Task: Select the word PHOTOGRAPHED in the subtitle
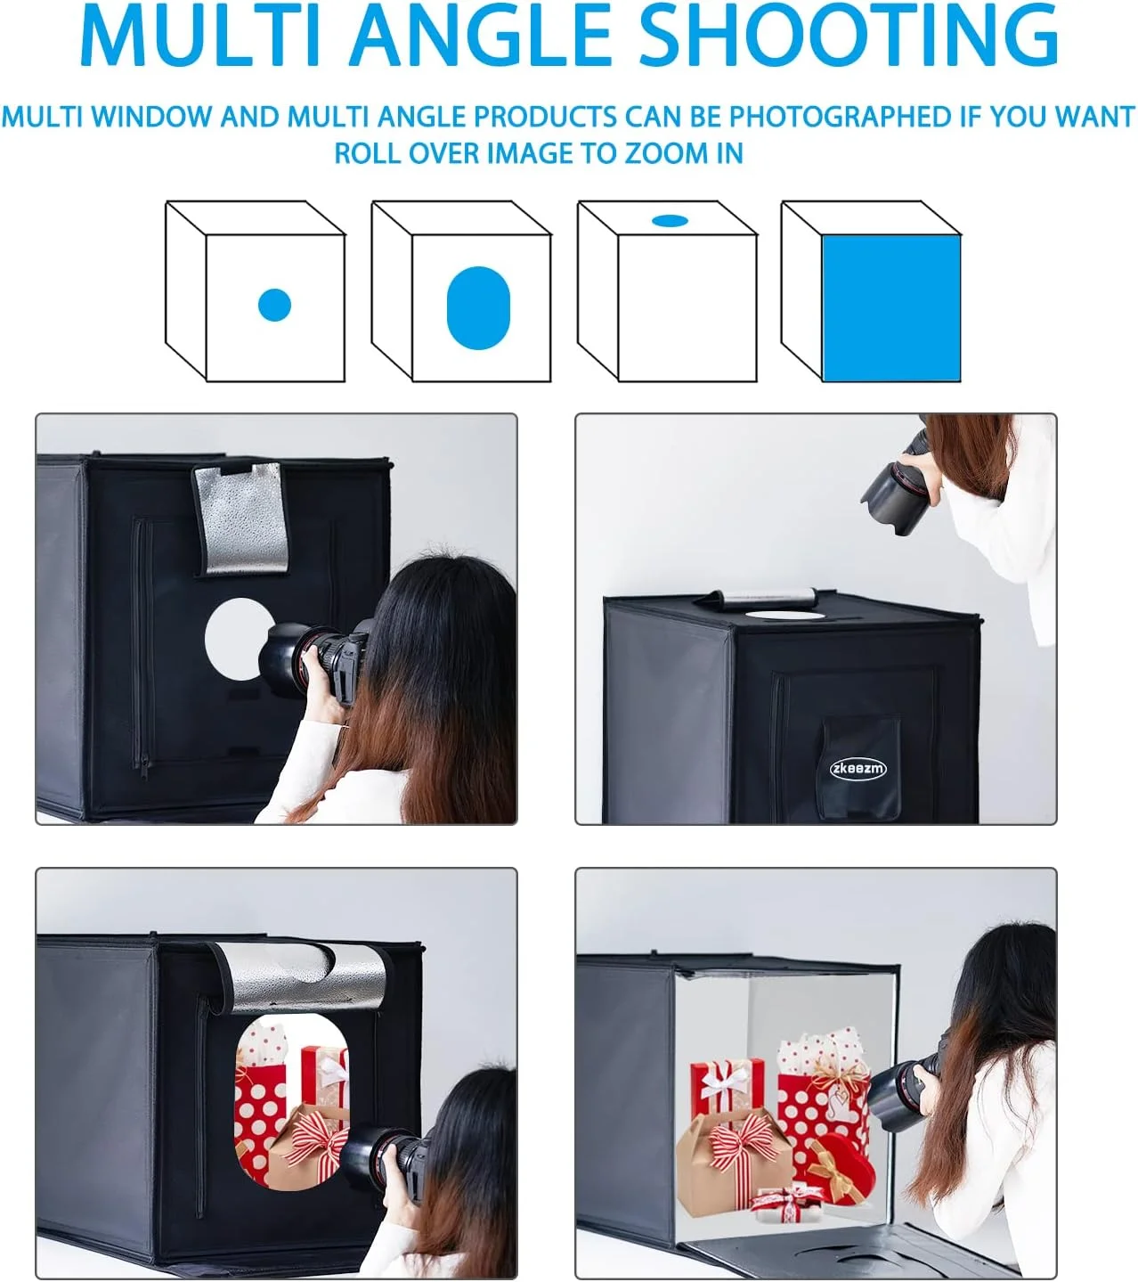(x=840, y=117)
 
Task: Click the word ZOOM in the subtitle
(x=666, y=154)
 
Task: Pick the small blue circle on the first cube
(x=274, y=305)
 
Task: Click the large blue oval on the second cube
(x=478, y=308)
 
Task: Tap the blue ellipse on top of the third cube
(x=670, y=220)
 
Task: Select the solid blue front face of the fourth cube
(x=891, y=308)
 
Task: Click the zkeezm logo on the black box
(x=858, y=769)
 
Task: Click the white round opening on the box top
(x=784, y=614)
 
